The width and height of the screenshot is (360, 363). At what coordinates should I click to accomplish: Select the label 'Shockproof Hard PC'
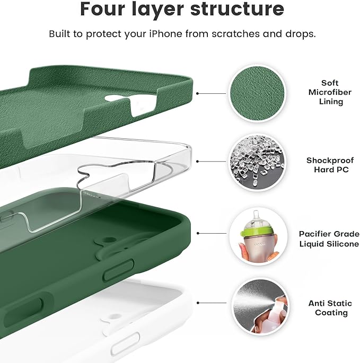327,165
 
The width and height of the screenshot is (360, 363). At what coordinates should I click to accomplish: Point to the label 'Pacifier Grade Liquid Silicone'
329,238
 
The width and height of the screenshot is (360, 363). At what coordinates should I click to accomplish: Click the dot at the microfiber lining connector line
197,93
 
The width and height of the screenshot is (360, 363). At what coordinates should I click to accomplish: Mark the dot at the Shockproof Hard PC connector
197,161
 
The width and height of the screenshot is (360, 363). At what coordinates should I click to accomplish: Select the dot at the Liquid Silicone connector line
197,233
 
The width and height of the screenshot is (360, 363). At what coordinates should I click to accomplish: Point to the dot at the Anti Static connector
197,303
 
